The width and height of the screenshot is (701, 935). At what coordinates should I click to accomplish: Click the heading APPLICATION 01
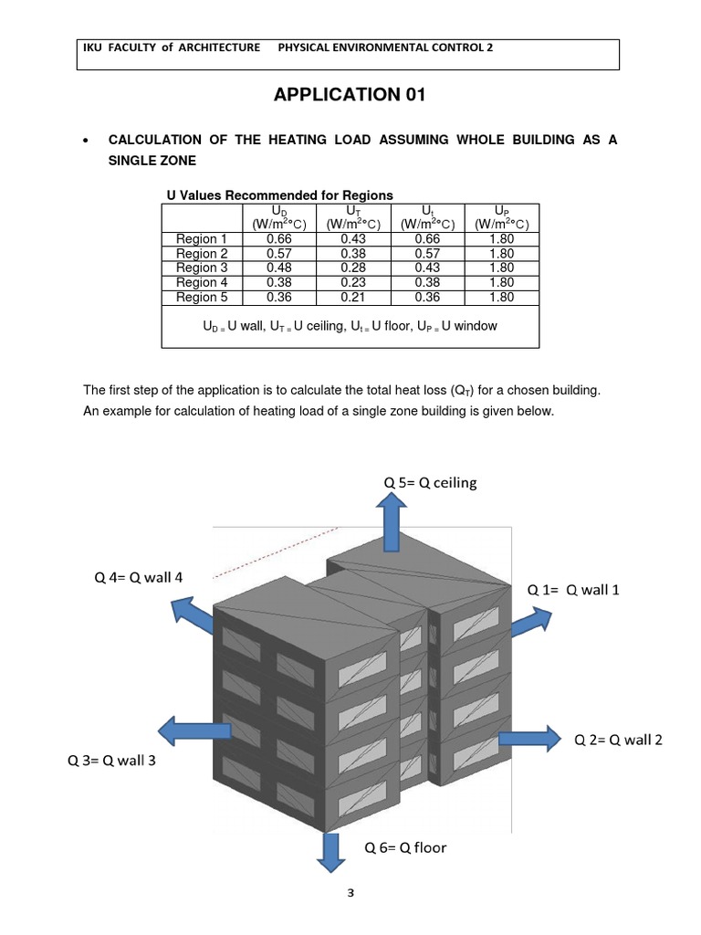[x=350, y=95]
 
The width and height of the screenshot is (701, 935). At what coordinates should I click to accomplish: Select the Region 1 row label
[x=196, y=239]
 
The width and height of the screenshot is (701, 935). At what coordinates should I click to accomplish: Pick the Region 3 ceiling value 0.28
[x=352, y=268]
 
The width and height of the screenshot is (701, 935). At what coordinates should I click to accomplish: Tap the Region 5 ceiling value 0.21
[x=352, y=298]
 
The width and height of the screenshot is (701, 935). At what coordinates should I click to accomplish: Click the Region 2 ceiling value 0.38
[x=352, y=254]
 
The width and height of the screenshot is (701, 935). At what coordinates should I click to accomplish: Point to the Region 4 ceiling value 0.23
[x=352, y=283]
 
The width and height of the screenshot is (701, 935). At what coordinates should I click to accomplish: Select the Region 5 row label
[x=196, y=298]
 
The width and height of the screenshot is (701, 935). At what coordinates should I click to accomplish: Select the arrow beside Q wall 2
[x=528, y=736]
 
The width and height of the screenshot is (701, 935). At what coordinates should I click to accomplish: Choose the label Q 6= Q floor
[x=405, y=847]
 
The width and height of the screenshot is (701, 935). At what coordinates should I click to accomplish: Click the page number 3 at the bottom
[x=350, y=894]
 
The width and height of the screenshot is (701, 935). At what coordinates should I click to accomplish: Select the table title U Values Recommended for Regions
[x=279, y=194]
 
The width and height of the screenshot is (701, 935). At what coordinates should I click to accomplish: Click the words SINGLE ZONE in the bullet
[x=152, y=160]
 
